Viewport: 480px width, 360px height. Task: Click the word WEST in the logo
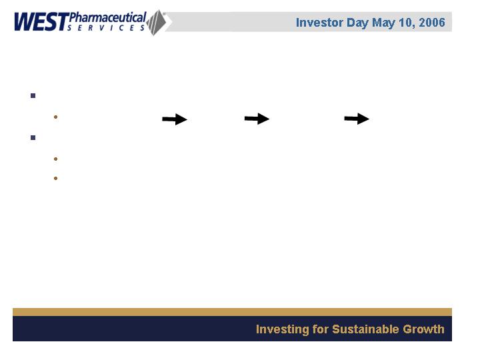[41, 22]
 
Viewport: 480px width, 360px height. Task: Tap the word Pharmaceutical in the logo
[108, 17]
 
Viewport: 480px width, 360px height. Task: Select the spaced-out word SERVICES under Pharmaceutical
[106, 28]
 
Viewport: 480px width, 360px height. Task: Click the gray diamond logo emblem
[157, 23]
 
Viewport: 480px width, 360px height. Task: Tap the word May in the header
[383, 23]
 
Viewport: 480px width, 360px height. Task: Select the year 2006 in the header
[432, 23]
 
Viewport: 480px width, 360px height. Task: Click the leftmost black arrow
[175, 119]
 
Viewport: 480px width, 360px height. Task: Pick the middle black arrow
[257, 119]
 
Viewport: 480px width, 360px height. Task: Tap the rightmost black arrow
[357, 119]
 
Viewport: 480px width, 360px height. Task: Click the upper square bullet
[33, 96]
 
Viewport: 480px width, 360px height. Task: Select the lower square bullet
[33, 138]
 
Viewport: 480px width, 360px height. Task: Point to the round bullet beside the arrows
[55, 117]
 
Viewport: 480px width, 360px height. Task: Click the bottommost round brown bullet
[55, 178]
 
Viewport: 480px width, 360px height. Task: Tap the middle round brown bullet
[55, 159]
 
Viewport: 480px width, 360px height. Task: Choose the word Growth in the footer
[423, 329]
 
